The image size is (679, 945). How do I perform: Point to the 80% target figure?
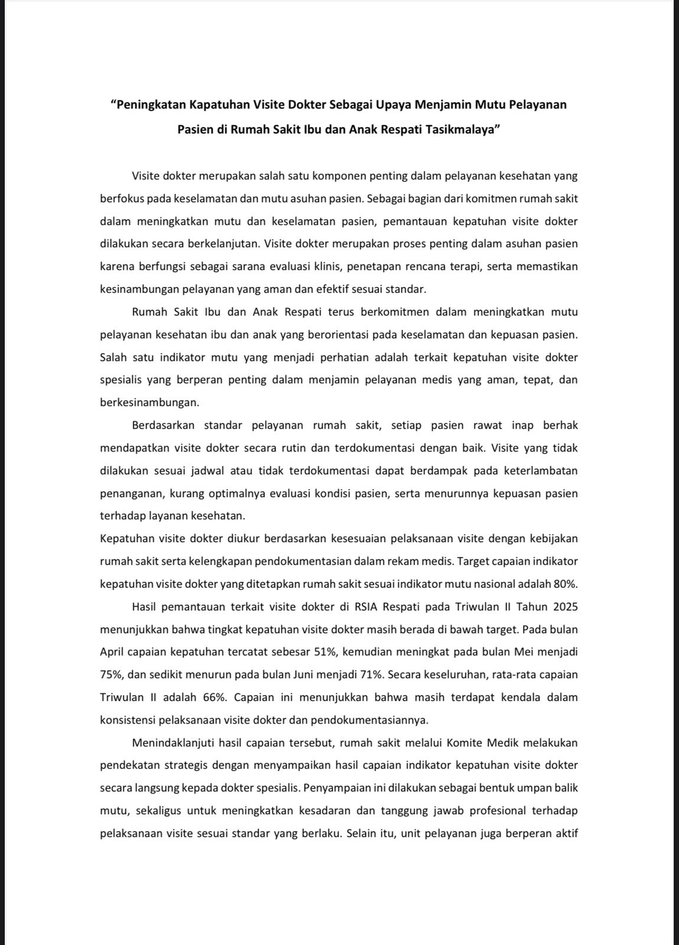coord(564,584)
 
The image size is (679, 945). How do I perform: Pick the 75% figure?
coord(111,674)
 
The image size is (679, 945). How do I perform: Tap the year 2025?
coord(565,607)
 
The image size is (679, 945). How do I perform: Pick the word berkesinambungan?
coord(149,402)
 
